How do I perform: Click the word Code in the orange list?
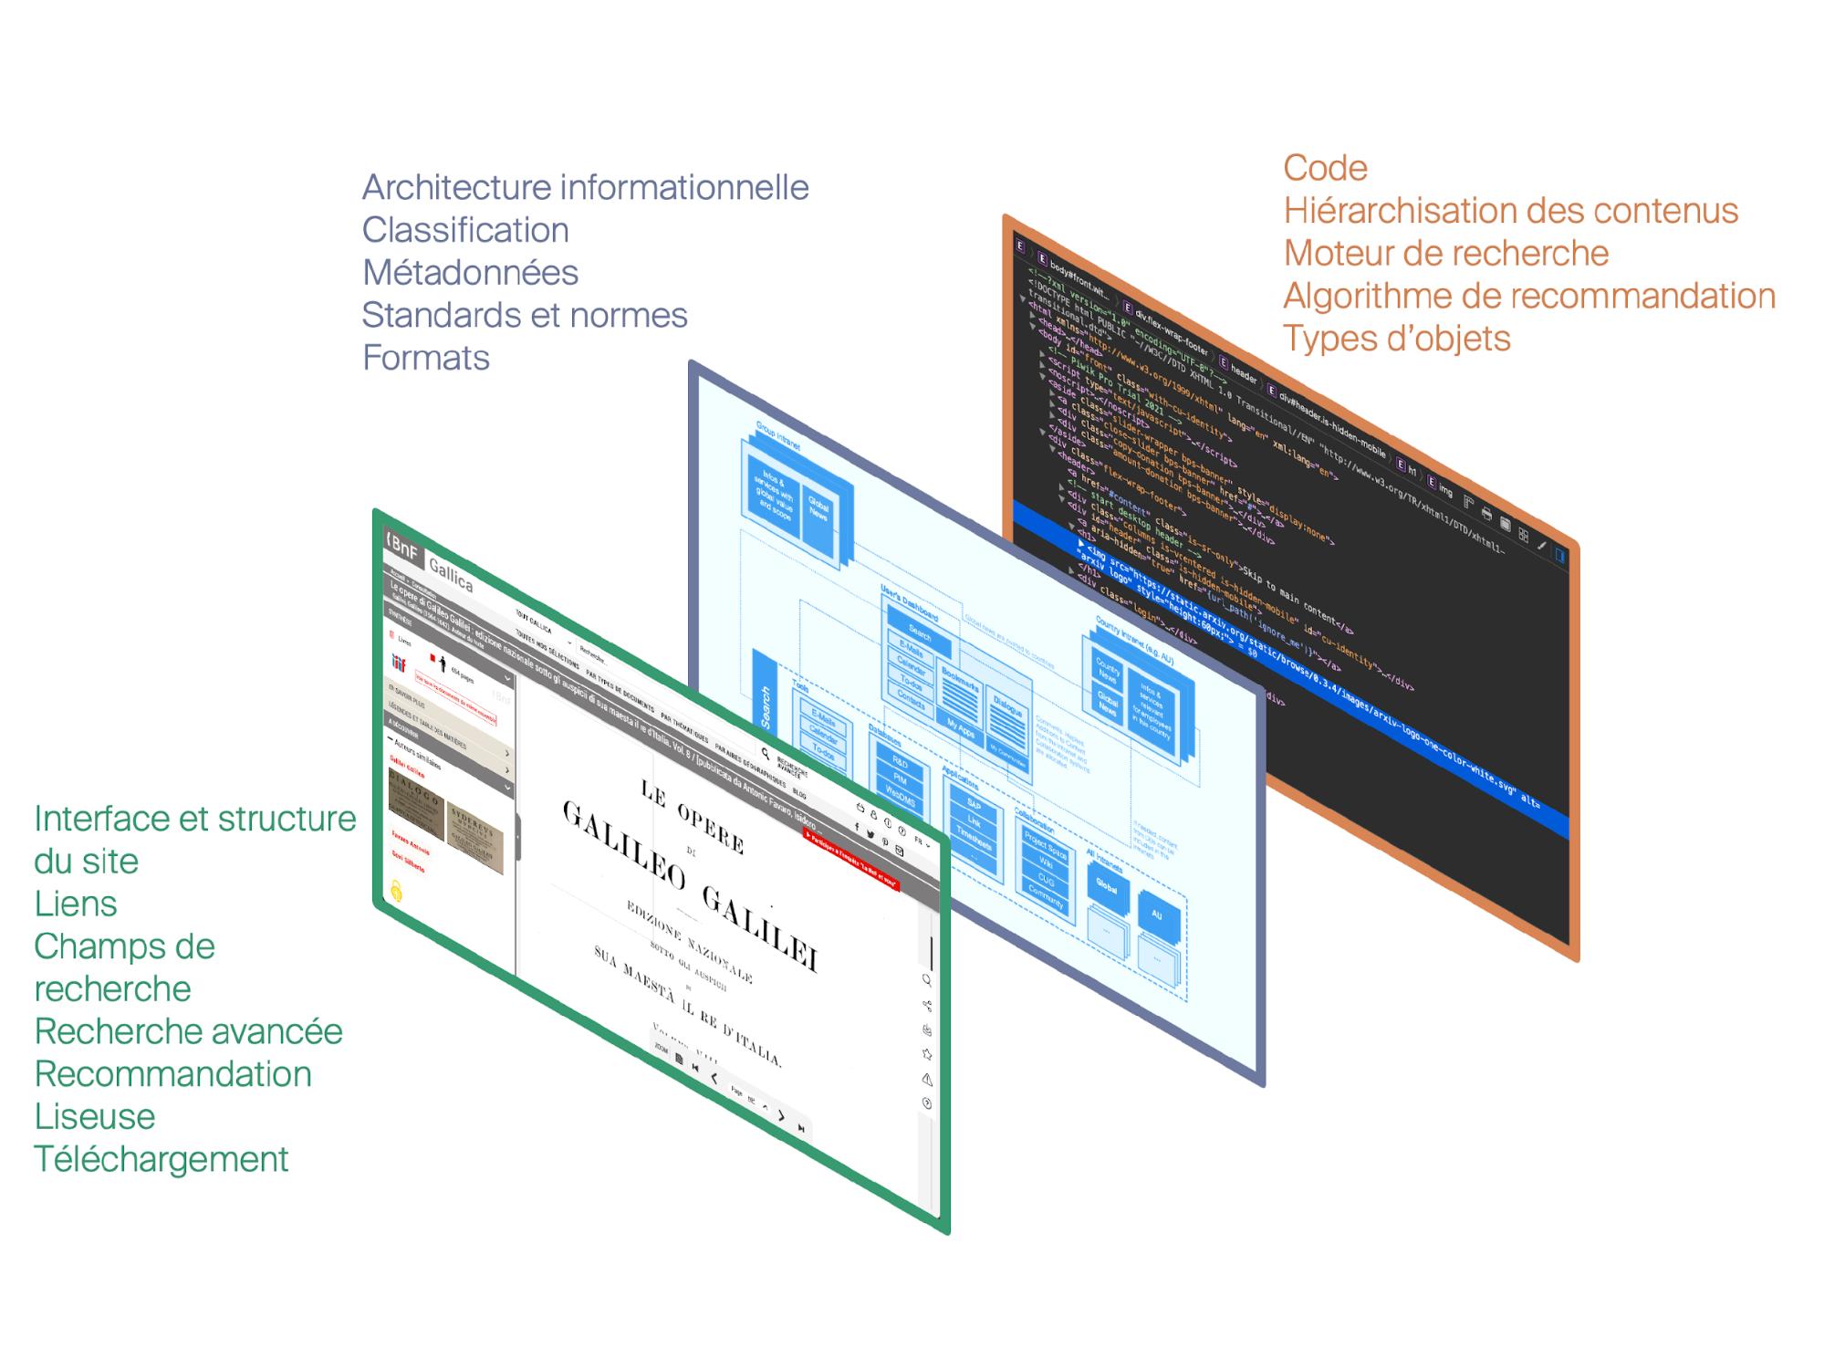(x=1325, y=169)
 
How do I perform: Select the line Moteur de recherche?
(x=1445, y=254)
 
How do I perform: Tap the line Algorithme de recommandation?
(x=1528, y=297)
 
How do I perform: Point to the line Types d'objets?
(x=1396, y=339)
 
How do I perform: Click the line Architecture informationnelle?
(x=585, y=188)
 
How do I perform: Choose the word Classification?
(x=464, y=230)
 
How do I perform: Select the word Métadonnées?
(x=470, y=273)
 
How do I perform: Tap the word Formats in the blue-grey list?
(x=425, y=358)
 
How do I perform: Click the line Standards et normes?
(x=524, y=316)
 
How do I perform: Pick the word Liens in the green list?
(x=76, y=904)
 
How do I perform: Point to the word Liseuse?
(x=94, y=1117)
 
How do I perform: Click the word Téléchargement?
(x=161, y=1160)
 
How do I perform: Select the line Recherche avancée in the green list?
(x=188, y=1032)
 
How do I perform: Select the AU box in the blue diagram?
(x=1157, y=914)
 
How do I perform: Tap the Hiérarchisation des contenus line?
(x=1510, y=212)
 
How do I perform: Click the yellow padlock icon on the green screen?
(x=396, y=891)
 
